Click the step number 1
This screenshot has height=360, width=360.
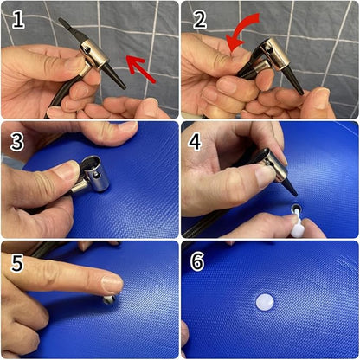18,20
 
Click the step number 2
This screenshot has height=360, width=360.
200,20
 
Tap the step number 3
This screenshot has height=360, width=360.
17,142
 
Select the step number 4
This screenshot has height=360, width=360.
196,141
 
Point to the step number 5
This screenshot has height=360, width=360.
17,262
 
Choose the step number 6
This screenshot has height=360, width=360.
197,261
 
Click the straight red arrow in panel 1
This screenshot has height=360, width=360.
140,68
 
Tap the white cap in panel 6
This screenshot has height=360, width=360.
265,302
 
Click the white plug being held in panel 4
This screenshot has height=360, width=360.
297,226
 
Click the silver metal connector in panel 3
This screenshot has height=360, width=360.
91,176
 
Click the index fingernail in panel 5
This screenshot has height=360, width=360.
112,284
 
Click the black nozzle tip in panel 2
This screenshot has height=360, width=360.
296,81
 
